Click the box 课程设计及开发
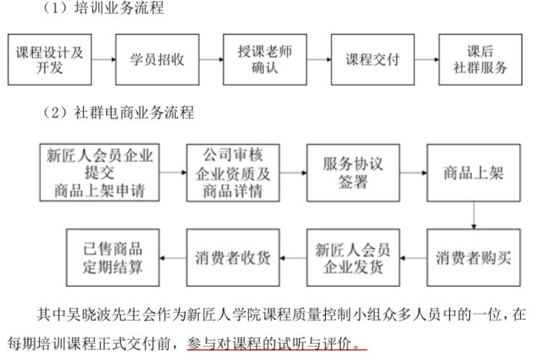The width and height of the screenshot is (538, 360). (49, 59)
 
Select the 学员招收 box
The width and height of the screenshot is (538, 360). (156, 59)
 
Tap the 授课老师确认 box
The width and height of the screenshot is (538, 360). (264, 59)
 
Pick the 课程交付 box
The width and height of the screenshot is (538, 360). (372, 59)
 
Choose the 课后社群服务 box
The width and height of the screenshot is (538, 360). (479, 59)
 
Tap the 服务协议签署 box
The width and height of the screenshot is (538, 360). (352, 172)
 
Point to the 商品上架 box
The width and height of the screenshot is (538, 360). (472, 172)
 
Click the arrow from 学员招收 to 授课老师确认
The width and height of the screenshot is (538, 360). (210, 59)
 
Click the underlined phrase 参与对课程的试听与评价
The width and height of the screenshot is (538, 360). (278, 339)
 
